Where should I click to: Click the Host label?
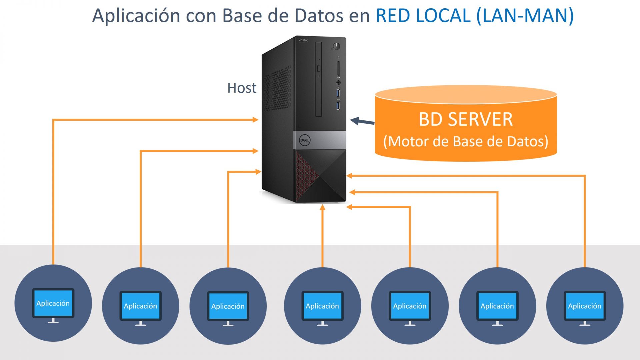tap(242, 88)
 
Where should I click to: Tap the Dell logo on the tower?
tap(304, 140)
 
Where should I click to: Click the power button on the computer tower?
tap(337, 46)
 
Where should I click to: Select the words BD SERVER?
tap(466, 119)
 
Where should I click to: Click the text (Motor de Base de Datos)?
tap(466, 141)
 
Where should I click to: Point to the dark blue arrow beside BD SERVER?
tap(362, 122)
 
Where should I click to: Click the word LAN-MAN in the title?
tap(525, 15)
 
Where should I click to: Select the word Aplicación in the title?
tap(136, 15)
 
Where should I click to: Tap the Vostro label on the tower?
tap(303, 40)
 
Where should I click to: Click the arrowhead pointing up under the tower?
tap(322, 208)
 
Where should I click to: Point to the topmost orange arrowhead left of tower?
tap(256, 119)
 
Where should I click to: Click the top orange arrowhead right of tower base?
tap(349, 176)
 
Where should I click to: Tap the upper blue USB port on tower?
tap(339, 93)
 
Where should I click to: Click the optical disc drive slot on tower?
tap(318, 79)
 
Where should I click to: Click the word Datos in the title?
tap(319, 15)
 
